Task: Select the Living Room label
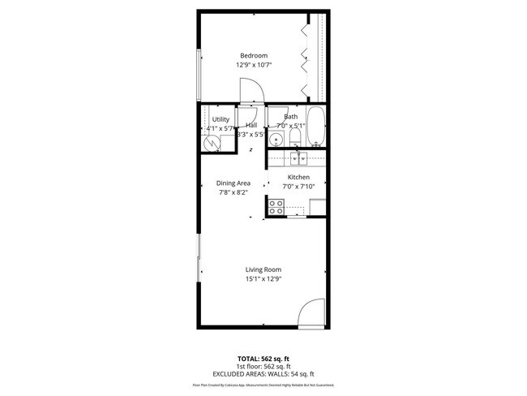click(x=263, y=269)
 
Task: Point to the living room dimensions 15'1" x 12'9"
click(x=263, y=279)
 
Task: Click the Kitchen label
click(x=298, y=177)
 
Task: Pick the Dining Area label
click(x=234, y=183)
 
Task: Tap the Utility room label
click(x=221, y=119)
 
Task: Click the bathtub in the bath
click(x=317, y=127)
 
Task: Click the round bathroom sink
click(x=276, y=140)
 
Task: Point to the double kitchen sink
click(x=298, y=158)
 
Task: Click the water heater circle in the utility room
click(x=213, y=142)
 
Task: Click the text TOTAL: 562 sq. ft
click(x=263, y=358)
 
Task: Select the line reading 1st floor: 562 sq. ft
click(x=263, y=366)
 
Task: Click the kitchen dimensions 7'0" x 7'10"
click(x=298, y=187)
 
